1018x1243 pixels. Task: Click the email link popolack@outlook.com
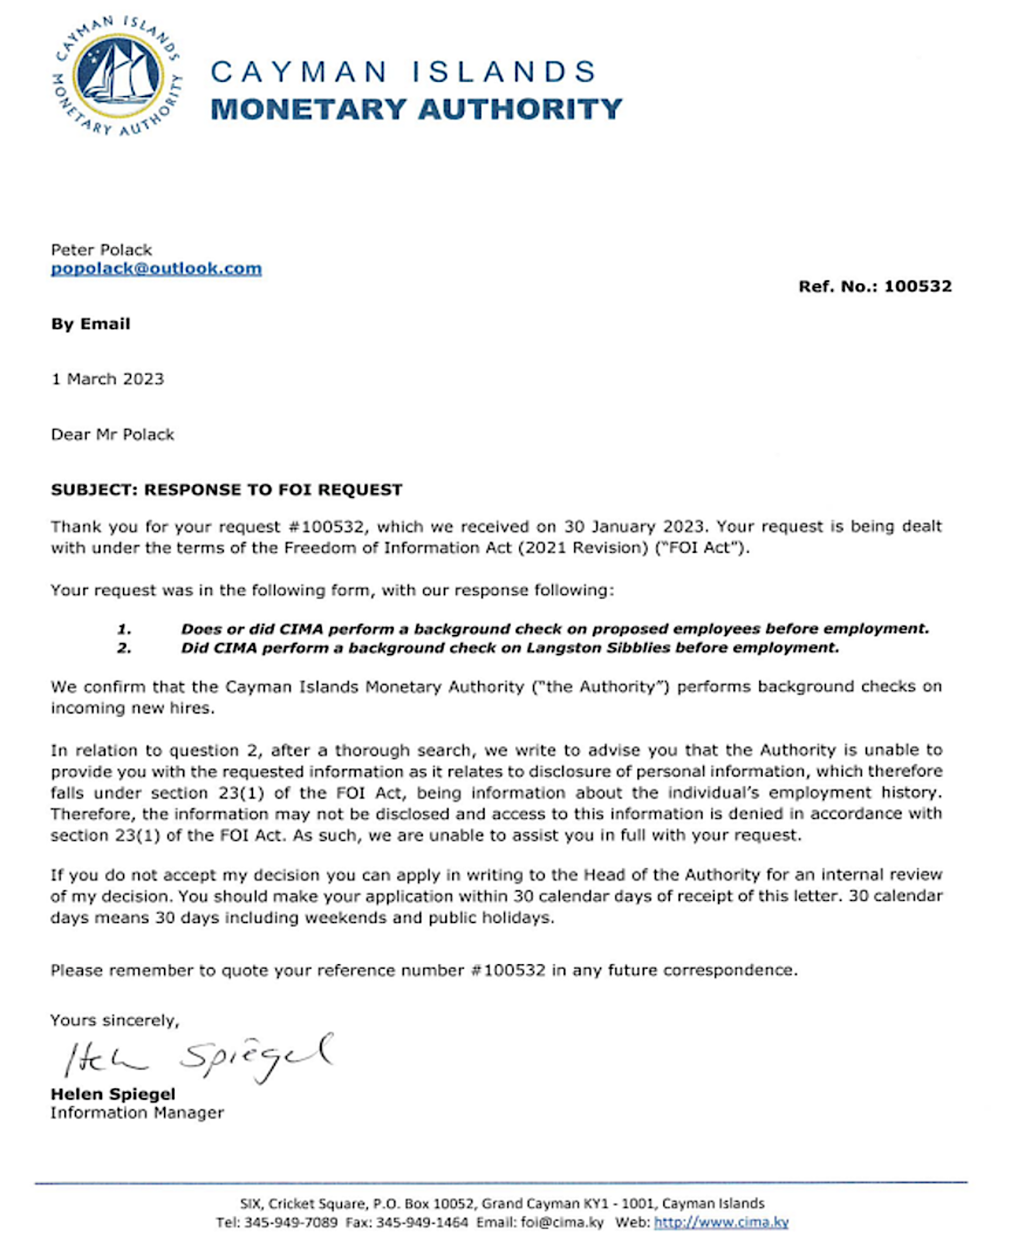(156, 268)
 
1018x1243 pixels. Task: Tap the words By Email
(90, 324)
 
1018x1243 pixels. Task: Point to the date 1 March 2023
(107, 379)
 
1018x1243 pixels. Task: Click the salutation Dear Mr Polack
(112, 435)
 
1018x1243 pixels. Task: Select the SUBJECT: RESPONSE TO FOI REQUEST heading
(226, 490)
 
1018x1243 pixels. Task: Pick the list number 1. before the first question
(124, 629)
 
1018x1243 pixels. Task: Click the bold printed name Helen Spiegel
(112, 1094)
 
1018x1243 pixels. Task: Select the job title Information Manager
(136, 1113)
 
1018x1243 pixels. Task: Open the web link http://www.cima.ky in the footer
(720, 1222)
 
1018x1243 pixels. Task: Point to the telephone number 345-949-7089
(291, 1222)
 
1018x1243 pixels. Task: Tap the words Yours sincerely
(114, 1020)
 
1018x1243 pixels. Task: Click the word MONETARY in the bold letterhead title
(309, 110)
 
